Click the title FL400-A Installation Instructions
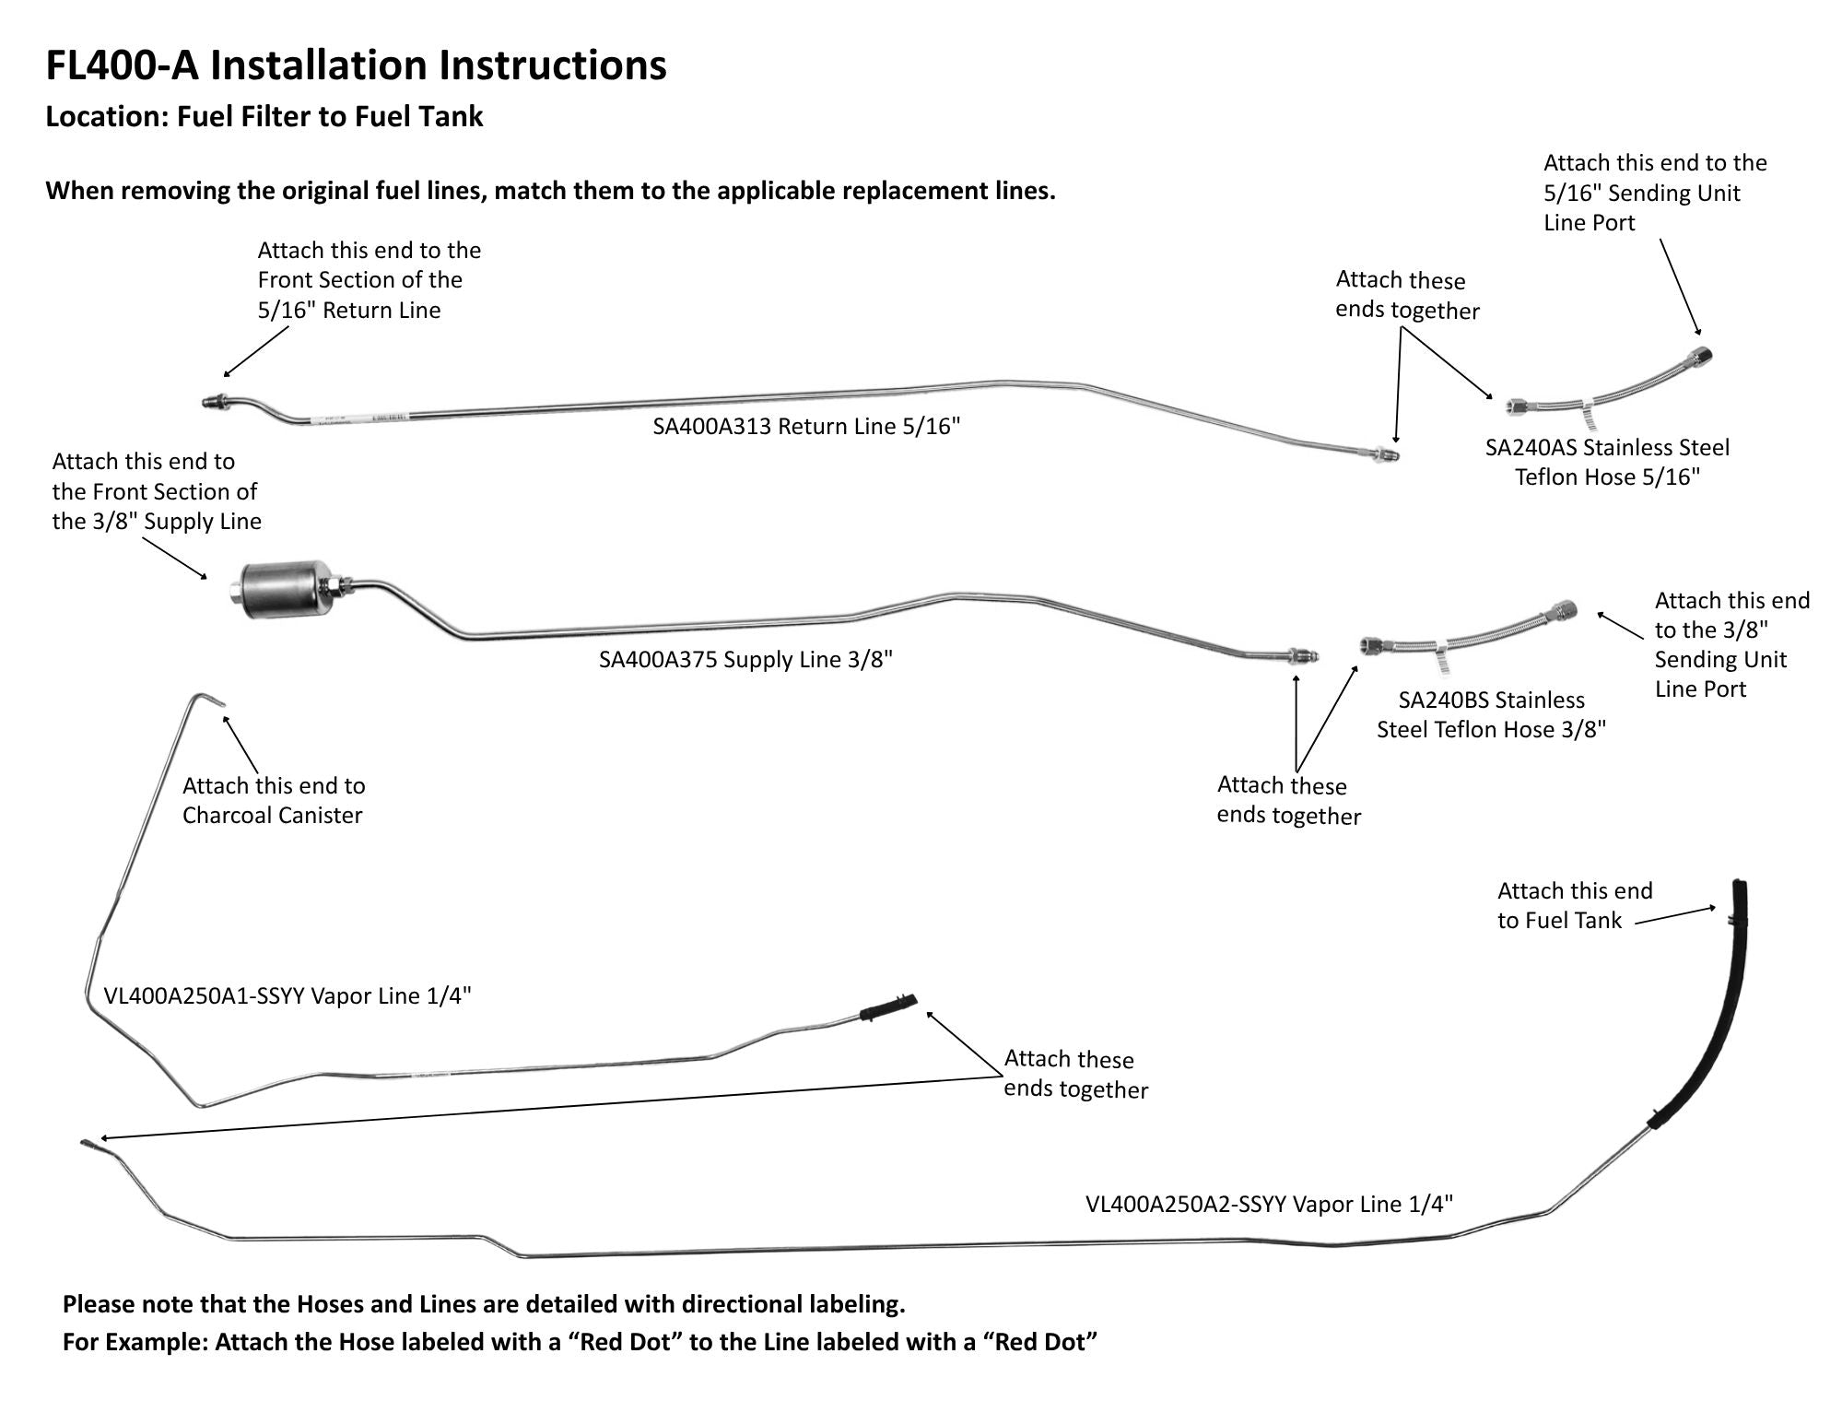coord(356,65)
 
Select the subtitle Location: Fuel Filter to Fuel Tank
coord(264,117)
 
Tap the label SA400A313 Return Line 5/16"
coord(806,427)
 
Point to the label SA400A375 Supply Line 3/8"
coord(745,660)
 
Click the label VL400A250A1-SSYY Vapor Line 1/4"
coord(287,996)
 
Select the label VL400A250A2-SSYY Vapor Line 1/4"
coord(1269,1205)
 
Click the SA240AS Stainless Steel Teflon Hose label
coord(1607,462)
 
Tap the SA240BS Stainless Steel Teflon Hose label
coord(1491,715)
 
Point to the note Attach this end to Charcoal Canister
coord(274,800)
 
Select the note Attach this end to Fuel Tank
coord(1575,905)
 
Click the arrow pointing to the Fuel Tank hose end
coord(1676,914)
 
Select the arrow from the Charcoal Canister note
coord(241,743)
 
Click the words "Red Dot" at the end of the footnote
coord(1040,1342)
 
